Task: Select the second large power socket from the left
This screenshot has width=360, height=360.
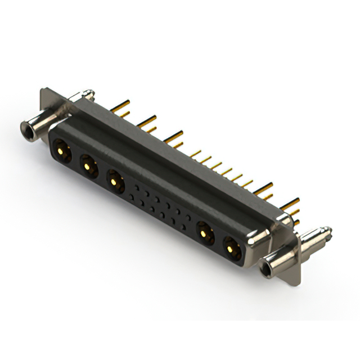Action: coord(87,165)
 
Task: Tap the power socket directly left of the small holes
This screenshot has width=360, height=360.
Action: coord(115,181)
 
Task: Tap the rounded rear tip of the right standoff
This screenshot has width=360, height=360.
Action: coord(327,229)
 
